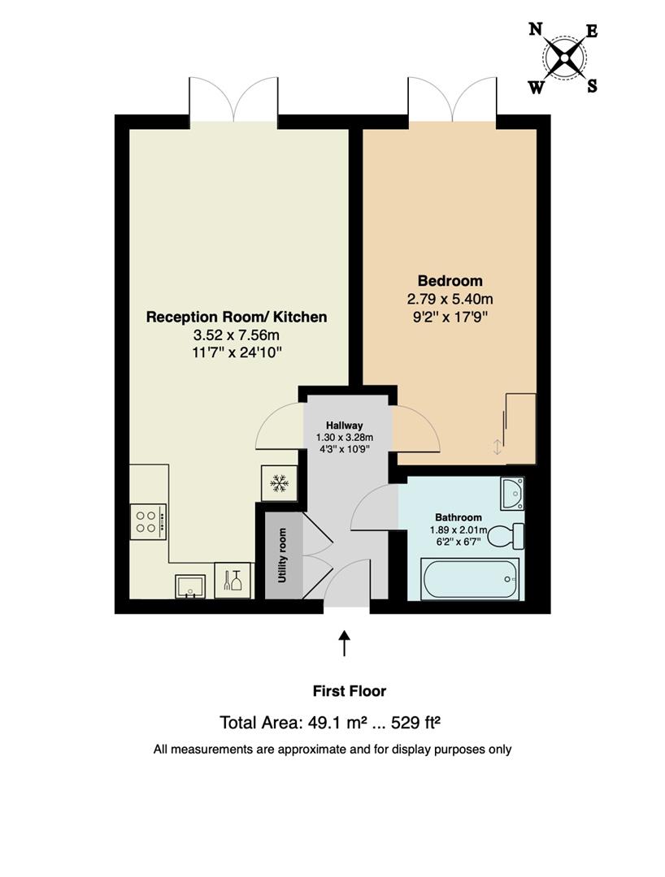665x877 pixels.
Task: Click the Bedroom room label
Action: pos(450,281)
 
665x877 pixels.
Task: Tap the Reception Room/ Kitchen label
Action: pos(237,318)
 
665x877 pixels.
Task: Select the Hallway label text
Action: pos(345,425)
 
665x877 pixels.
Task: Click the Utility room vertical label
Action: pos(282,555)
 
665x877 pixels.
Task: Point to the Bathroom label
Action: pos(459,517)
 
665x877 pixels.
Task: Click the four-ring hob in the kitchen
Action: pos(148,522)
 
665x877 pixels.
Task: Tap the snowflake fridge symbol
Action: pos(279,482)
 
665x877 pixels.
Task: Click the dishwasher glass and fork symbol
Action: pos(233,580)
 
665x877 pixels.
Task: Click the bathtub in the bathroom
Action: pos(471,579)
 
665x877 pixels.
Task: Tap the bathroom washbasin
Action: pos(512,494)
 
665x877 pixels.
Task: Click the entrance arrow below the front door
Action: pos(344,643)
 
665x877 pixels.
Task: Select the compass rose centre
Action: pos(564,57)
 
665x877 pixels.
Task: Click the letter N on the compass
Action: pos(536,29)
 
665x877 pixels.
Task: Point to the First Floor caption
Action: pos(350,691)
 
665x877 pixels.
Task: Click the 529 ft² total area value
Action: pos(415,723)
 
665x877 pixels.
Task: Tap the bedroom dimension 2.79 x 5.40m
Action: pos(450,299)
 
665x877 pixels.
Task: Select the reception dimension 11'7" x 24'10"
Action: pos(237,352)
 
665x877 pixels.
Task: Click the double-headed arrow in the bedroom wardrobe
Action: pos(497,447)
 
